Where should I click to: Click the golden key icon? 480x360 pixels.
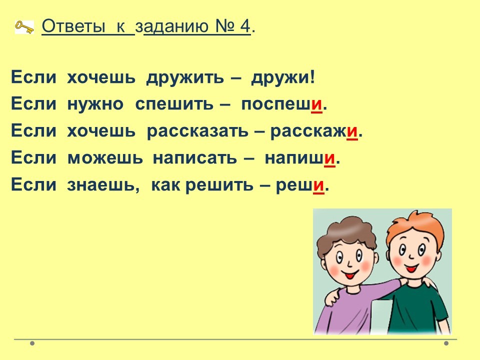(24, 27)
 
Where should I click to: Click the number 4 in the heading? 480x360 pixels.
(245, 26)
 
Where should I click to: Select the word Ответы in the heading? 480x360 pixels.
(73, 26)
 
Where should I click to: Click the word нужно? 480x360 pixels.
(95, 104)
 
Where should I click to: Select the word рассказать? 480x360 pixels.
(197, 131)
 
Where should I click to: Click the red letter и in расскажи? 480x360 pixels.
(352, 131)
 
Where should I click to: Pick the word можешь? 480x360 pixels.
(105, 158)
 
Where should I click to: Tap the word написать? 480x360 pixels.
(194, 158)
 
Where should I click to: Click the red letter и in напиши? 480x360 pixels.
(329, 158)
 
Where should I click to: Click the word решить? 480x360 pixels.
(219, 185)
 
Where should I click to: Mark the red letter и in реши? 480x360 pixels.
(318, 185)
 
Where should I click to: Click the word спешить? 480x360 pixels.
(174, 104)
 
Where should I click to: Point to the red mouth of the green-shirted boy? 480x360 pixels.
(411, 268)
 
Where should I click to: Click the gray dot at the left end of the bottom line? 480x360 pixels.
(32, 343)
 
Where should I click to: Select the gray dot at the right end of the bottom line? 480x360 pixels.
(446, 343)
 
